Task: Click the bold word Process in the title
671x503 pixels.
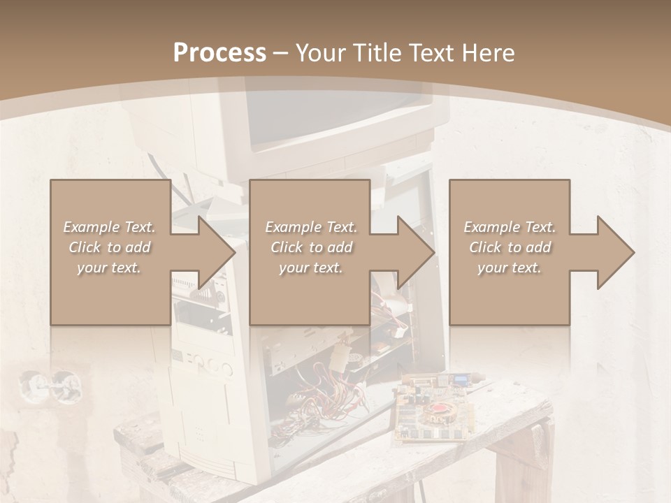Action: (219, 53)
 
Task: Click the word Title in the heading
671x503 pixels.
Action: (375, 53)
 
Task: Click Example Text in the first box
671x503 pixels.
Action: (110, 227)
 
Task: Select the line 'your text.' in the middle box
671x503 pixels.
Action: (310, 268)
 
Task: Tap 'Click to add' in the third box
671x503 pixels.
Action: (510, 247)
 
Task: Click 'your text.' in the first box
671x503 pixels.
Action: (110, 268)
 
